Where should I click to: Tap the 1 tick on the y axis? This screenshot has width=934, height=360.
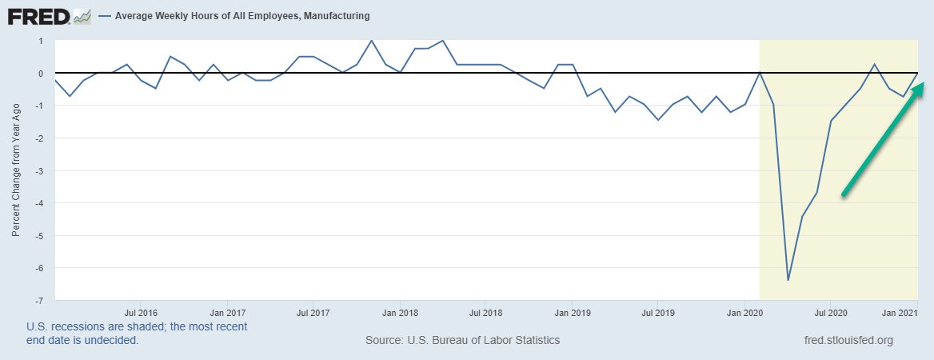[39, 41]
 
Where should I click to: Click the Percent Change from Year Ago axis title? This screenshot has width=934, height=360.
[16, 170]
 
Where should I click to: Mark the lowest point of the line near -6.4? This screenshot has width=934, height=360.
[788, 280]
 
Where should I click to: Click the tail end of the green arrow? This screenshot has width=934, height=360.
[843, 194]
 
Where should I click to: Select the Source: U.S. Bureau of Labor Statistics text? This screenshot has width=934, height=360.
[462, 340]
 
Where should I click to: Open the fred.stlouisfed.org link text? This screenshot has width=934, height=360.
[848, 340]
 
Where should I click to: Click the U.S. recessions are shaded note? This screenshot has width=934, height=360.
[137, 333]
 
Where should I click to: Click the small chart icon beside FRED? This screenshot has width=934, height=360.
[82, 16]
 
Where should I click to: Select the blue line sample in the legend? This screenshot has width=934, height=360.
[105, 16]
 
